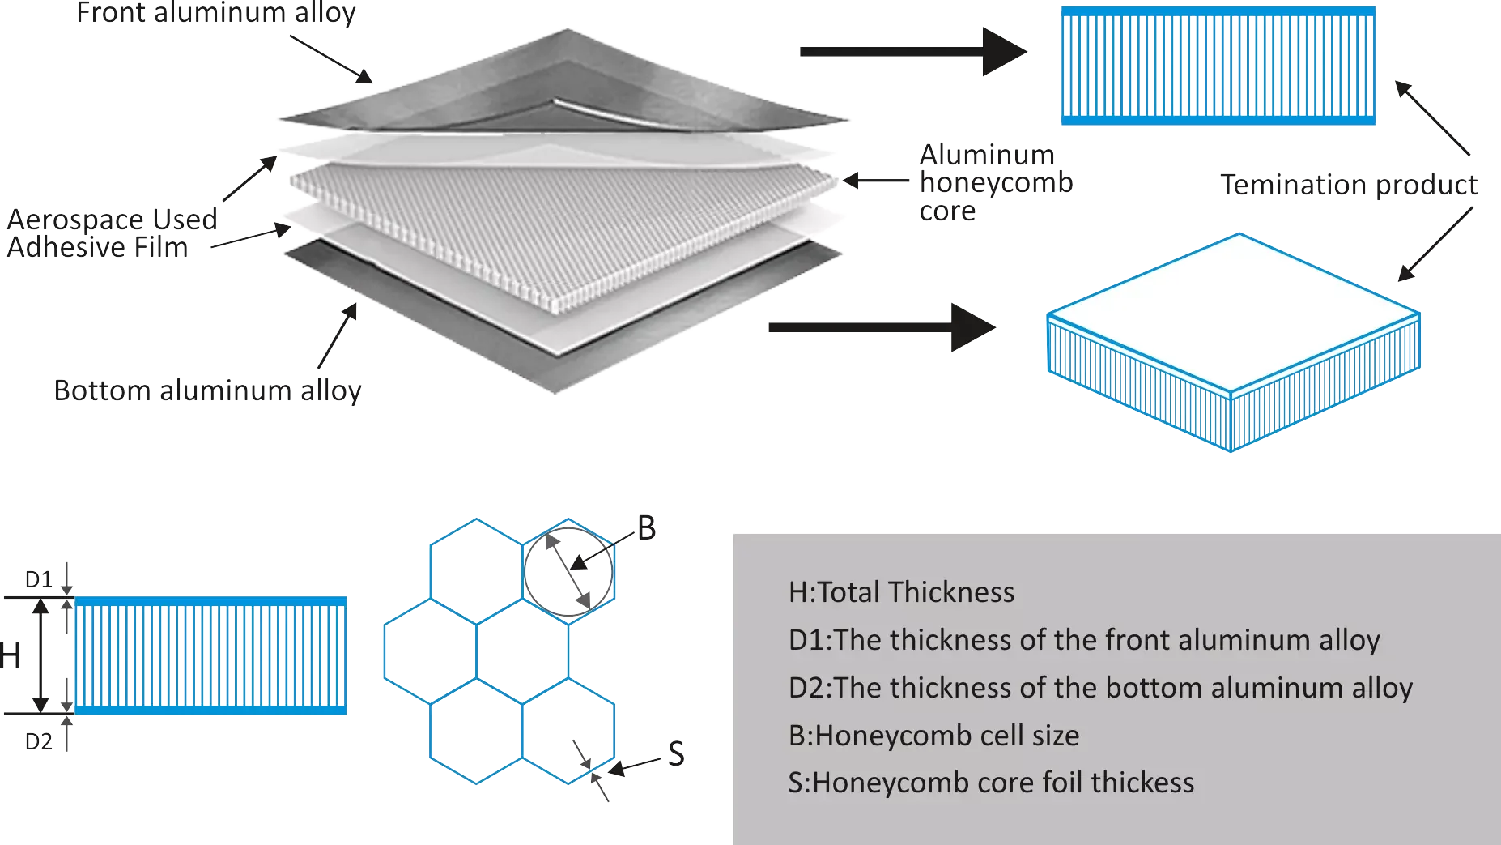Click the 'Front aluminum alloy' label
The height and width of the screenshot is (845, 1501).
coord(216,14)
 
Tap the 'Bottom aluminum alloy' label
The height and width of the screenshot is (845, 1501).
coord(206,390)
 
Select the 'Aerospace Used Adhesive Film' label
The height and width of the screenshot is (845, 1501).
coord(112,233)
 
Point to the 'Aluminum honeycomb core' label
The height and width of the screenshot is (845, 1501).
coord(996,182)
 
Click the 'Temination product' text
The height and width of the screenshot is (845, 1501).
coord(1350,185)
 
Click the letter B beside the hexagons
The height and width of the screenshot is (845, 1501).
coord(646,528)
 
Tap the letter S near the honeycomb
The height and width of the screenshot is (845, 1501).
coord(676,754)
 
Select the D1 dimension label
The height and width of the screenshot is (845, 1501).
coord(39,580)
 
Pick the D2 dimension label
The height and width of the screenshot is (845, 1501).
coord(39,742)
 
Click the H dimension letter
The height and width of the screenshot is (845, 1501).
coord(10,656)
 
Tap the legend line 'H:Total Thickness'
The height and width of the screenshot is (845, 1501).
coord(901,592)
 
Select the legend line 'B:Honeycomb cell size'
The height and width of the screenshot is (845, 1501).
coord(933,736)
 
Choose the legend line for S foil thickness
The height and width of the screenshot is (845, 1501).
coord(991,783)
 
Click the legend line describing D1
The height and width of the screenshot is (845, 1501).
coord(1084,640)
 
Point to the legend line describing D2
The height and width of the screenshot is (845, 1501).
coord(1100,688)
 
